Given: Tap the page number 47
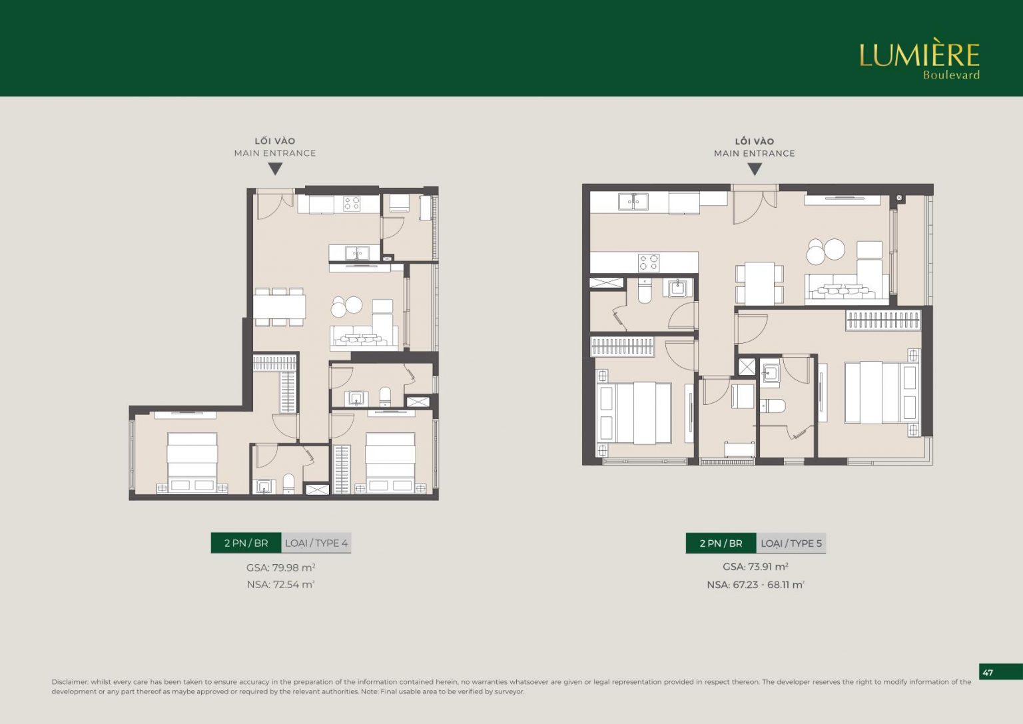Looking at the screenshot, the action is coord(988,673).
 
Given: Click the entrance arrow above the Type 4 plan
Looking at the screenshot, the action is coord(275,169).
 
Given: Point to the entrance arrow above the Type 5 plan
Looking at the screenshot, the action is coord(755,170).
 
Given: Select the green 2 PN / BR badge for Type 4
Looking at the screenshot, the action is coord(246,543).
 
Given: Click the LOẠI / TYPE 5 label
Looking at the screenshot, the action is coord(791,543).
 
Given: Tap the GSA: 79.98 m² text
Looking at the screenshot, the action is coord(281,567).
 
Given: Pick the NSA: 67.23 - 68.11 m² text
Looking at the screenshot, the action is coord(755,585).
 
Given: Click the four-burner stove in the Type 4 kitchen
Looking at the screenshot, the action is coord(352,203).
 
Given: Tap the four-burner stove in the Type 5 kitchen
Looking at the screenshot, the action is coord(649,262).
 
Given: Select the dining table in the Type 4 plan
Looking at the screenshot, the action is coord(280,306).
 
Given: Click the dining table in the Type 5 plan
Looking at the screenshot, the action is coord(759,283).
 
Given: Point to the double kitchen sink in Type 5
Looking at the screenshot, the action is coord(633,201).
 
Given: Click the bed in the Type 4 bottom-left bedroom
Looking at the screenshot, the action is coord(192,463).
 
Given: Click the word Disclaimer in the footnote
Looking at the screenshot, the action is coord(70,682).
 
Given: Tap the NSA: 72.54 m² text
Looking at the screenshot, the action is coord(281,585).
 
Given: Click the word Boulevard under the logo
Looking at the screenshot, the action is coord(951,75).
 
